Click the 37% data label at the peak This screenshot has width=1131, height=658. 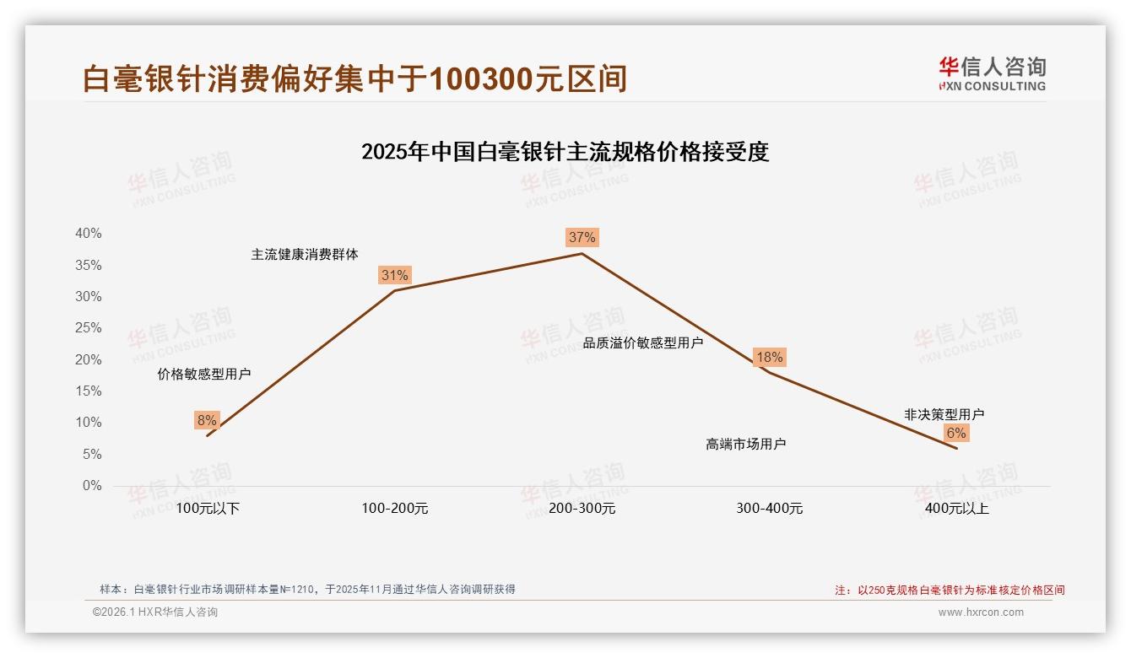coord(582,237)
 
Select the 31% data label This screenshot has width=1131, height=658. coord(394,275)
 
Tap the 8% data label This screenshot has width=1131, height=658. coord(207,420)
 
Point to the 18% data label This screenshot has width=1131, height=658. coord(769,357)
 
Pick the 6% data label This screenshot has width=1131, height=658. coord(955,433)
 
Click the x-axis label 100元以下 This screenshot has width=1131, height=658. coord(208,509)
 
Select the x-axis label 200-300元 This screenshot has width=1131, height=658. coord(582,509)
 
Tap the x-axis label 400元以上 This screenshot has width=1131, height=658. coord(956,509)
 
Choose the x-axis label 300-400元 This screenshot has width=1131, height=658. coord(769,509)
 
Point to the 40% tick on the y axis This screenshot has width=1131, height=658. coord(88,234)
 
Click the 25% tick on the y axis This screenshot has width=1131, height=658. coord(88,328)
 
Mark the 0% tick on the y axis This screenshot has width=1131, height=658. coord(91,486)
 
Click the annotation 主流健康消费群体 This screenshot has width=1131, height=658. coord(304,254)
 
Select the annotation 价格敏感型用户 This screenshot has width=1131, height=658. coord(203,374)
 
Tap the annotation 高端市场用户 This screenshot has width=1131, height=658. coord(745,444)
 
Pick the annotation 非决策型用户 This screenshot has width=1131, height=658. coord(944,414)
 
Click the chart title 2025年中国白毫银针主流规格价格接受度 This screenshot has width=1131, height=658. coord(565,152)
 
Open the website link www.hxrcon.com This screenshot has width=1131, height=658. coord(980,612)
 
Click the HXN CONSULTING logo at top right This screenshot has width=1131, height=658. coord(992,74)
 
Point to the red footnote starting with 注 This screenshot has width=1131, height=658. coord(950,591)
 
